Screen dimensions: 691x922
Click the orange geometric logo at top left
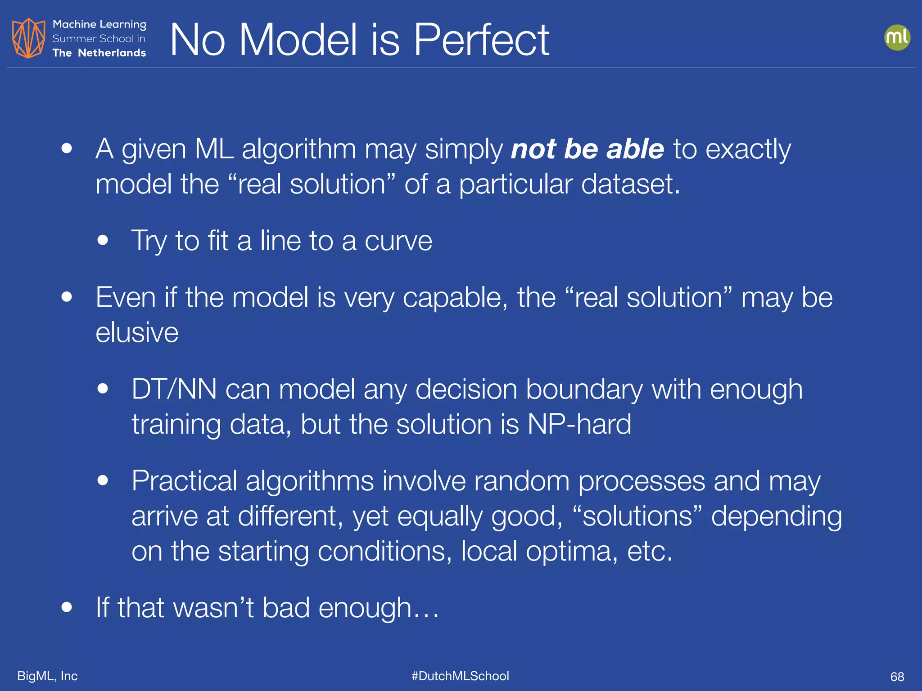pos(28,38)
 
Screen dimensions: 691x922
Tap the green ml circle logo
pos(897,37)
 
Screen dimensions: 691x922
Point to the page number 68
pos(897,677)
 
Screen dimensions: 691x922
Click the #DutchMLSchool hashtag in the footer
pos(460,676)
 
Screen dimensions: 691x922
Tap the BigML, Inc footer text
pos(47,676)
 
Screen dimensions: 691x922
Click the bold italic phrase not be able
pos(587,149)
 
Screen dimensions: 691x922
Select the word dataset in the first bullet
pos(630,184)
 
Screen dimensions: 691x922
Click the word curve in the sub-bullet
pos(398,241)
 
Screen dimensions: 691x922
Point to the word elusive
pos(137,333)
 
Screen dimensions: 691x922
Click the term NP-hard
pos(579,424)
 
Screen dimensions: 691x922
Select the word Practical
pos(184,481)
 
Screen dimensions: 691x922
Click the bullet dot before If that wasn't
pos(67,607)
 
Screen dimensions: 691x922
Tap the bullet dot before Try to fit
pos(103,240)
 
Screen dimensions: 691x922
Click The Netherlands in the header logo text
pos(99,53)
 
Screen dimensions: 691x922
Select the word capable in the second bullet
pos(455,298)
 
